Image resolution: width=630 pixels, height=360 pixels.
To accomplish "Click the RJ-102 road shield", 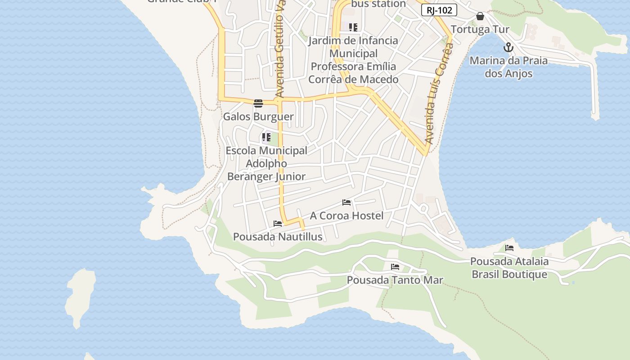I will (x=439, y=10).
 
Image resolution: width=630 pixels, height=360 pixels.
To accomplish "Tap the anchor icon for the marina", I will (x=508, y=47).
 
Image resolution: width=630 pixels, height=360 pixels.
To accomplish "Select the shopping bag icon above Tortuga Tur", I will (x=480, y=17).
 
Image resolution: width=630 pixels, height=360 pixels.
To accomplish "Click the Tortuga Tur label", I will (x=480, y=30).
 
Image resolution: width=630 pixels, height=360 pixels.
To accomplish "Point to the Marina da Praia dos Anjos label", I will (x=508, y=67).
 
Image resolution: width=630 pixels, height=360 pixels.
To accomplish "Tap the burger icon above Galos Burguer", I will (x=258, y=103).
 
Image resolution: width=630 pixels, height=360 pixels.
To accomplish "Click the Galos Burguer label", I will (x=258, y=117).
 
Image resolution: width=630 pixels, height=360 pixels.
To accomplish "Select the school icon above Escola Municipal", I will (x=266, y=137).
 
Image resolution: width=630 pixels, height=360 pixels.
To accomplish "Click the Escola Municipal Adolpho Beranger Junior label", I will (x=266, y=163).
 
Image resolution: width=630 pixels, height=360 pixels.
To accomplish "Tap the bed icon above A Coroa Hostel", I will (x=346, y=202).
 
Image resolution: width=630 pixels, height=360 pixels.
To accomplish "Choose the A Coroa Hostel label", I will (x=346, y=216).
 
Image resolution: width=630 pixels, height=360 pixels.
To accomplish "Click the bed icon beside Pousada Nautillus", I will (x=278, y=224).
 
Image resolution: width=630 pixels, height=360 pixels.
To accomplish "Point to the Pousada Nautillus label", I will (x=278, y=237).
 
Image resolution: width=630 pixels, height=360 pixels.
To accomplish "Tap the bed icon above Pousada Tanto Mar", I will (x=395, y=267).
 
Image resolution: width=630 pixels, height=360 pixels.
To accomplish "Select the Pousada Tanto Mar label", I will (x=395, y=280).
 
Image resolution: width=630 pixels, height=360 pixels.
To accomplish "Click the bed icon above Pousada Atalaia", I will (x=509, y=247).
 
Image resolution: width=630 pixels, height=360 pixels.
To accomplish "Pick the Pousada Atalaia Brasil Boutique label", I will (x=509, y=268).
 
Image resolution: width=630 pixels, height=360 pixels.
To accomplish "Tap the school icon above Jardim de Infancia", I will (x=353, y=27).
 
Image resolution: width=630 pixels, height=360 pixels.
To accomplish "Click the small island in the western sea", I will (x=81, y=295).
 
